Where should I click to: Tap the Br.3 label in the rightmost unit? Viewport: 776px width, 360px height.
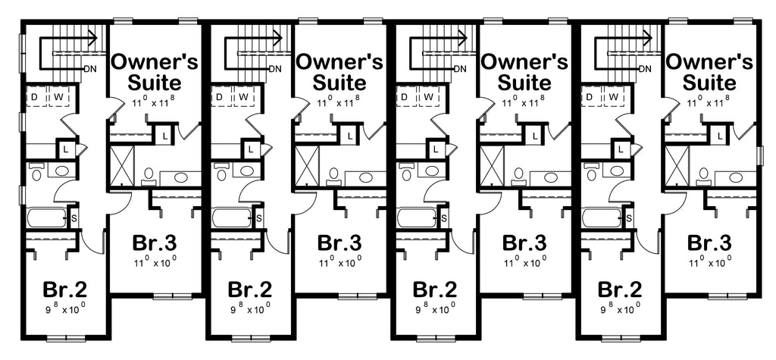tap(709, 244)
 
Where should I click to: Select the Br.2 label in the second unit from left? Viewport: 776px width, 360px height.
tap(250, 290)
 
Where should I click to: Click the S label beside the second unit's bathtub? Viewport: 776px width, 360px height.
tap(259, 218)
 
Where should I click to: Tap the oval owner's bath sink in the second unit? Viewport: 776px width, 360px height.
tap(367, 177)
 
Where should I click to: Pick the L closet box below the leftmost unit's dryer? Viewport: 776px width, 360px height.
tap(65, 149)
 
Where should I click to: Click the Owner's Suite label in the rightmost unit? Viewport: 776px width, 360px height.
tap(709, 70)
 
